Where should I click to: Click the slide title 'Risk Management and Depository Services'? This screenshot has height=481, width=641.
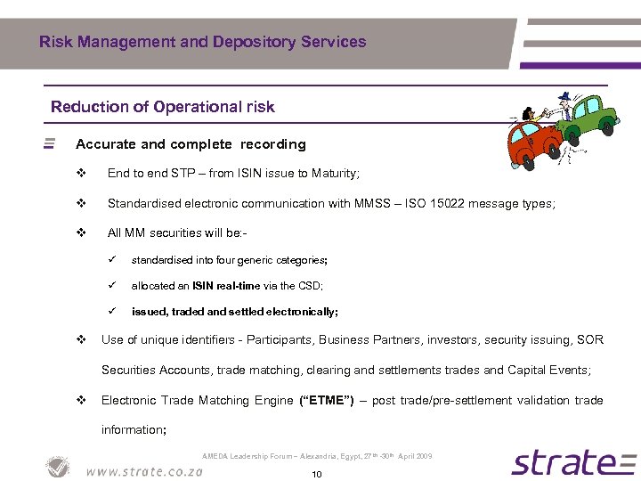(202, 42)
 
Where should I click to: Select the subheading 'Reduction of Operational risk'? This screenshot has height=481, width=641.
(163, 107)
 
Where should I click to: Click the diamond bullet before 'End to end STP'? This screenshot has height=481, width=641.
(81, 174)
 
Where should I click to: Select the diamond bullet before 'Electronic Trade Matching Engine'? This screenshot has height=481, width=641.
(81, 400)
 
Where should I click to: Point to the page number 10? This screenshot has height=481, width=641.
(316, 475)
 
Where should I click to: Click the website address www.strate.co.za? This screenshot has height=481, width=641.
(143, 470)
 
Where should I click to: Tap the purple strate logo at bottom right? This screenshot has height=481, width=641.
(573, 462)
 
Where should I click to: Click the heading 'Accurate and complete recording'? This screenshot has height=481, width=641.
(191, 143)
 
